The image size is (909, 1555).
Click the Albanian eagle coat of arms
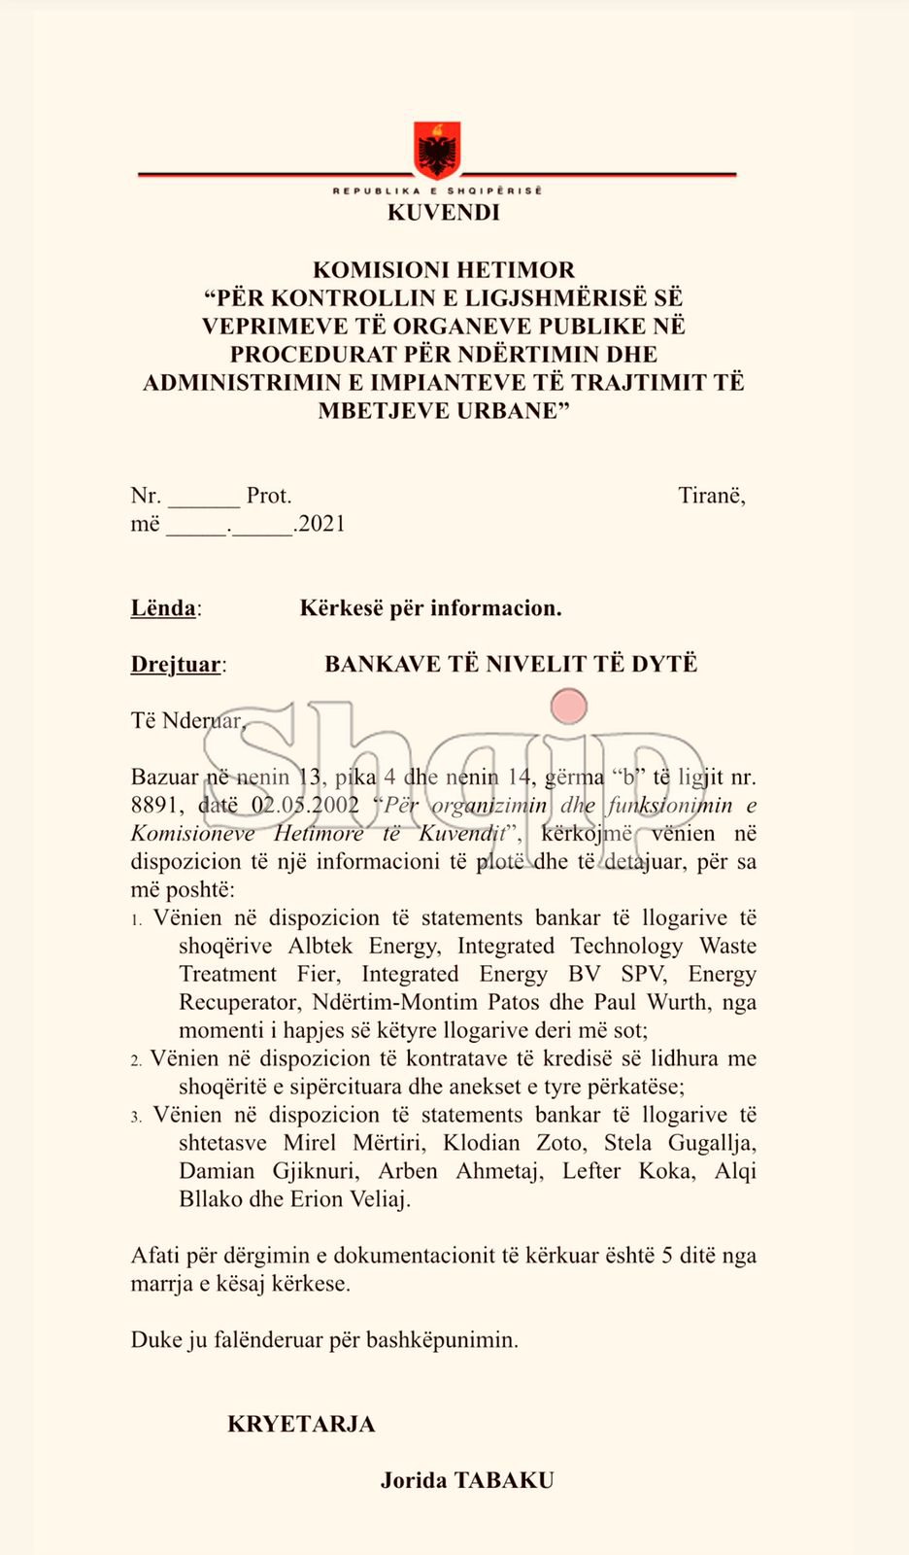[437, 151]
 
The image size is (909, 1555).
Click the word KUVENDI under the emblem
[444, 213]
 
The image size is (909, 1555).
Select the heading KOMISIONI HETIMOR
[444, 270]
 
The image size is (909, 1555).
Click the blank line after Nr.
[204, 499]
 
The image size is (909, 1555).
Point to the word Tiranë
[711, 496]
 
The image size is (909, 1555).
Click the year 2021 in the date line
[321, 524]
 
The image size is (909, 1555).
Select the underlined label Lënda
[163, 608]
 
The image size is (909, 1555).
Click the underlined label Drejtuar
[176, 665]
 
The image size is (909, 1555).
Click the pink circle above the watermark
[569, 707]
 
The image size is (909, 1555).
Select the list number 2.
[136, 1060]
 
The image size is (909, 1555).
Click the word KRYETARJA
[301, 1425]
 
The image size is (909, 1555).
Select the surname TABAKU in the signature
[504, 1481]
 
